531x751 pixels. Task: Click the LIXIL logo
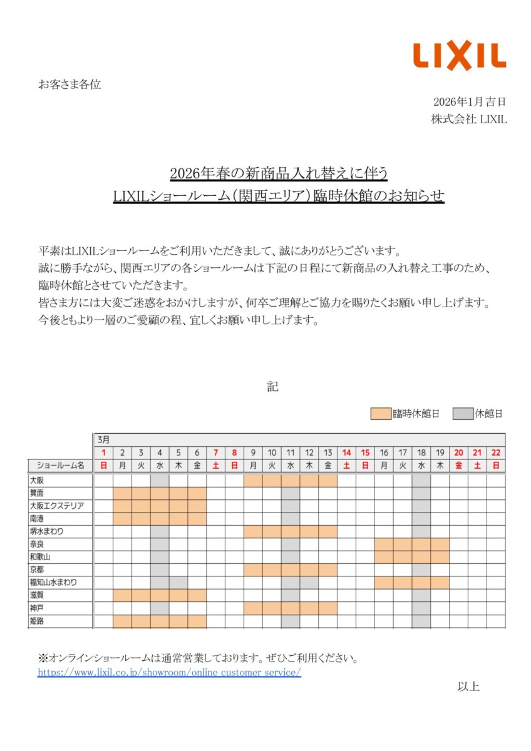coord(459,56)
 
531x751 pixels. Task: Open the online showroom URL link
coord(169,673)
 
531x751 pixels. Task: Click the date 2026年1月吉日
coord(469,101)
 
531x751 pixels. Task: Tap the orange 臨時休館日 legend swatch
coord(381,414)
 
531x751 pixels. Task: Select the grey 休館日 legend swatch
coord(462,414)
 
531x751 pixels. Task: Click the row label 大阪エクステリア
coord(56,506)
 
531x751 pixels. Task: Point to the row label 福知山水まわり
coord(53,582)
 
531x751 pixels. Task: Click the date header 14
coord(346,452)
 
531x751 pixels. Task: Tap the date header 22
coord(496,452)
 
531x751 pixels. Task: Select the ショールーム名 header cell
coord(60,465)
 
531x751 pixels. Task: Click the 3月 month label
coord(103,439)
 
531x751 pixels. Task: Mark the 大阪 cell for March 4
coord(160,480)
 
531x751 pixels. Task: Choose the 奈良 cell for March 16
coord(384,544)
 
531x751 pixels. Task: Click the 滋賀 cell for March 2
coord(123,595)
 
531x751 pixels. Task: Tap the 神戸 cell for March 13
coord(327,608)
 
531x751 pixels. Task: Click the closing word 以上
coord(468,687)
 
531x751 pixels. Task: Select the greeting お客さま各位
coord(70,84)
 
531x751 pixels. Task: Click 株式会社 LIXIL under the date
coord(468,120)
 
